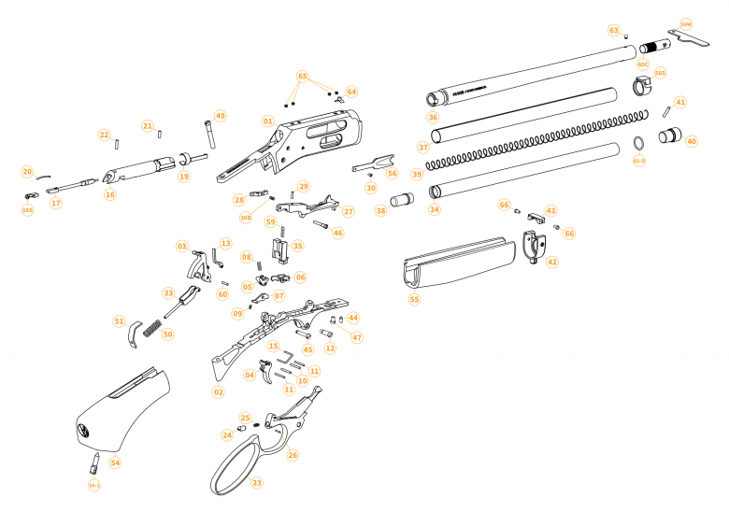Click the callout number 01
pyautogui.click(x=268, y=121)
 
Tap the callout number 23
pyautogui.click(x=256, y=483)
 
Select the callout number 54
pyautogui.click(x=115, y=462)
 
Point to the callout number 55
pyautogui.click(x=414, y=300)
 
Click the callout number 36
pyautogui.click(x=432, y=118)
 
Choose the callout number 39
pyautogui.click(x=417, y=175)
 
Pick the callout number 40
pyautogui.click(x=691, y=142)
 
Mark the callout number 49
pyautogui.click(x=221, y=116)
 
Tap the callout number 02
pyautogui.click(x=219, y=391)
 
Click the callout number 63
pyautogui.click(x=614, y=31)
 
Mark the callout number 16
pyautogui.click(x=109, y=194)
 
